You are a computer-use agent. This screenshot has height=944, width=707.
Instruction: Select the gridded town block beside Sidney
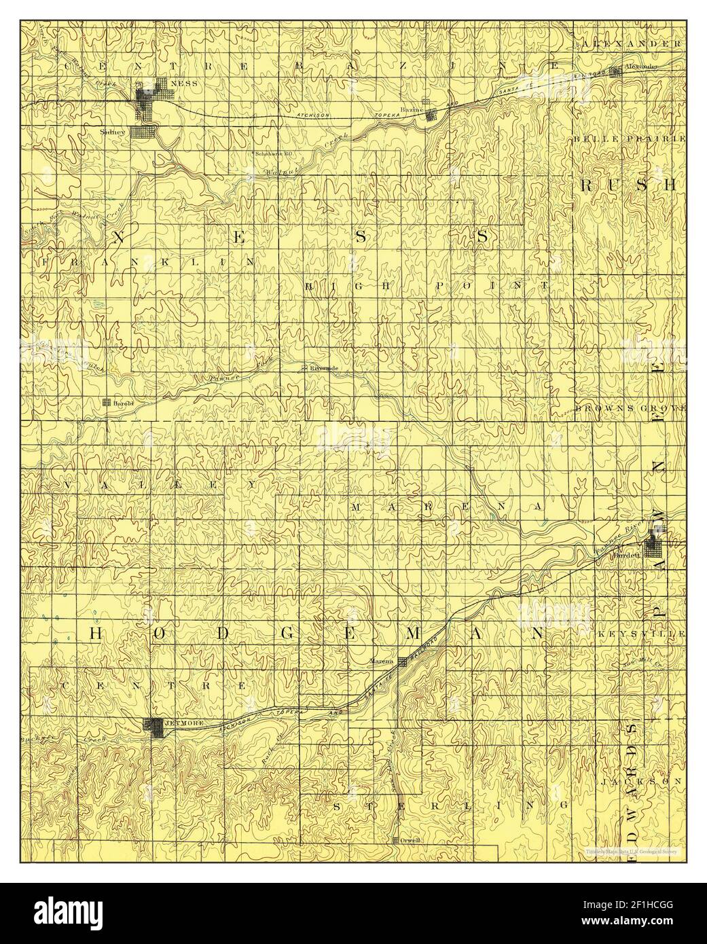point(144,132)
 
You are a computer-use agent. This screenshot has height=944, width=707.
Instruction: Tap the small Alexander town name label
point(641,67)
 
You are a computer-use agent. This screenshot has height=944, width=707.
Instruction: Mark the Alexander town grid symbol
point(615,71)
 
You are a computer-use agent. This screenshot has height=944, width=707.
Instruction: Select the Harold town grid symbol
point(107,402)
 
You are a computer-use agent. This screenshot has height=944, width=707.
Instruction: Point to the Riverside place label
point(324,368)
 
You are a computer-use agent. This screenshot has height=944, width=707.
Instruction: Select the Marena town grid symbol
point(403,661)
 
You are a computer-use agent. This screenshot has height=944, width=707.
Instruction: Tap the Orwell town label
point(411,840)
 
